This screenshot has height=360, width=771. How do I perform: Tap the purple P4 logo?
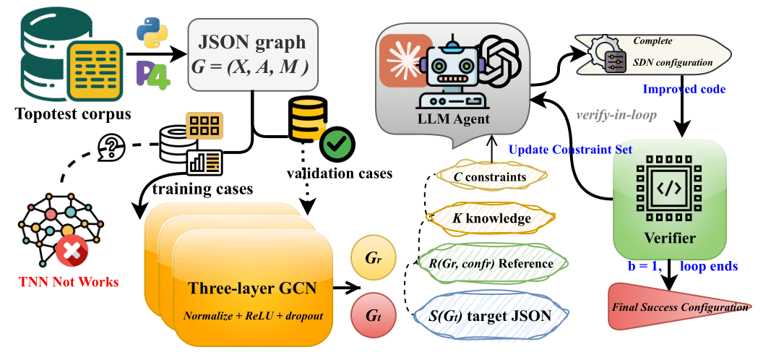[x=152, y=74]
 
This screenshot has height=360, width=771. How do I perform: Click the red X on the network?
[x=72, y=250]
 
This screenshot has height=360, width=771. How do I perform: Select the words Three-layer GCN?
[x=252, y=288]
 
